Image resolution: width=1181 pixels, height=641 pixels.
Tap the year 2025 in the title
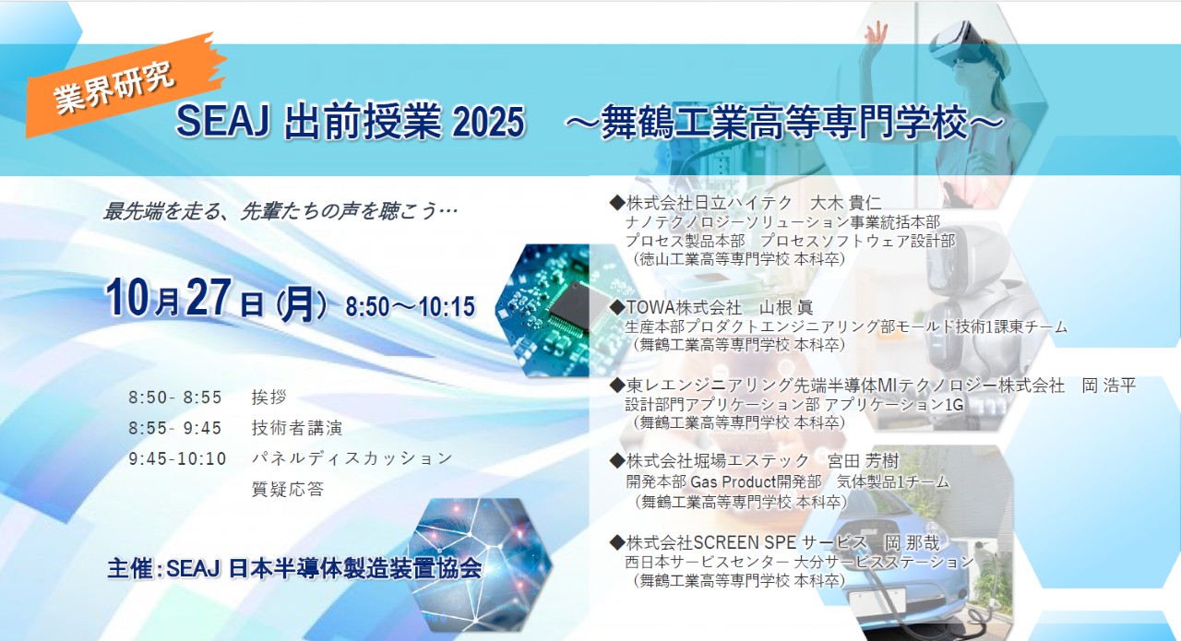pos(488,123)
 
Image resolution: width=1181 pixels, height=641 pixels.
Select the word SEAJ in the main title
pos(223,122)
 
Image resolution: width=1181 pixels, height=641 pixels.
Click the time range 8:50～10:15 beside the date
pos(411,307)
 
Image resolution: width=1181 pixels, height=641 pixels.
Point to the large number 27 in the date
pos(209,298)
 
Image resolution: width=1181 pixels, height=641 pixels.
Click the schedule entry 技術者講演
pos(297,428)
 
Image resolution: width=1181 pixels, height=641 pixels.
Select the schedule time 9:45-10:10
pos(178,458)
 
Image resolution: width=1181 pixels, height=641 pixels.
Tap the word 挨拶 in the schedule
pos(268,397)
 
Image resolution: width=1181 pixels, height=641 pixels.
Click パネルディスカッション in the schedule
pos(352,458)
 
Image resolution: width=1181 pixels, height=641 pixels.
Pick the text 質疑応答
pos(288,489)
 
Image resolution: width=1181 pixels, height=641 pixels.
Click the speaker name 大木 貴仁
pos(845,202)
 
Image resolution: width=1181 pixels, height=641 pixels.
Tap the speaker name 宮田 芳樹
pos(863,461)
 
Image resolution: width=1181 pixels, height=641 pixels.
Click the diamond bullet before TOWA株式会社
pos(617,307)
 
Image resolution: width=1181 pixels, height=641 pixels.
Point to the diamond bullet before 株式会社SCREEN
pos(617,542)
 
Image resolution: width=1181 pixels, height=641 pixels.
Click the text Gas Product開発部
pos(756,481)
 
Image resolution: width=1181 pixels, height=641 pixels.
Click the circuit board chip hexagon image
pos(548,311)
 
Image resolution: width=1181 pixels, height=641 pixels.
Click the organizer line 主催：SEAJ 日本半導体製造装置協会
pos(294,568)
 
